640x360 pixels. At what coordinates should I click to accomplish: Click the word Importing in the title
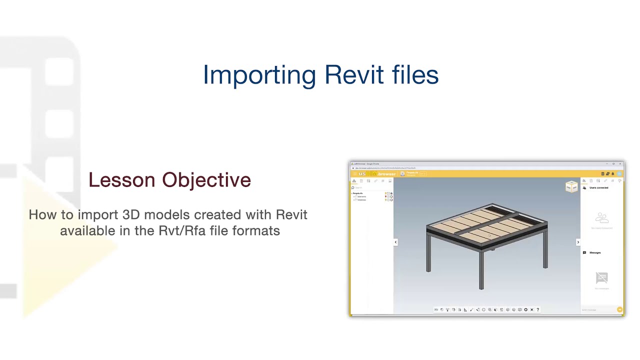(259, 75)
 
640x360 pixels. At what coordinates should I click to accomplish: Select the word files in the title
(415, 75)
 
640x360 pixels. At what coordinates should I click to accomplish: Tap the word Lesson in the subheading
(122, 180)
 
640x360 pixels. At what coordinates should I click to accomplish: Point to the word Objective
(206, 180)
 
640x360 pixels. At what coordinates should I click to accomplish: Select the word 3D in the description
(131, 214)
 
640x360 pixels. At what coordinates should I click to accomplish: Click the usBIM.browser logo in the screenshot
(377, 174)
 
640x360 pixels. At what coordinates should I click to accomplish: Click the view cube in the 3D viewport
(571, 187)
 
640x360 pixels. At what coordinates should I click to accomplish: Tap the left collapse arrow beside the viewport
(395, 242)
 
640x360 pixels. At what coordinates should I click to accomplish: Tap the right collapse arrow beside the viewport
(578, 242)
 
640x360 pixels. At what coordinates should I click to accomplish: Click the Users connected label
(598, 188)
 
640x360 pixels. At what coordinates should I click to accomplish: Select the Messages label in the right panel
(595, 252)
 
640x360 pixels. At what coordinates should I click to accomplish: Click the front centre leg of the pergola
(481, 270)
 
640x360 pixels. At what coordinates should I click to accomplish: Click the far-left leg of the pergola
(428, 257)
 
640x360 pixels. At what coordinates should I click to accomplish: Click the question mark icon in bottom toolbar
(537, 309)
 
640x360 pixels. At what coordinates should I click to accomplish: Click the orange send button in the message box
(619, 310)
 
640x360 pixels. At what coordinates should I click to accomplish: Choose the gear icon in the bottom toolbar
(525, 309)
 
